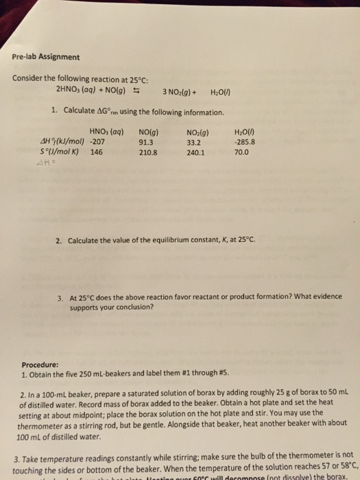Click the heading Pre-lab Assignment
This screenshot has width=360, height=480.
[46, 57]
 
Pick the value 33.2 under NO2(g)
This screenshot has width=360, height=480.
[193, 143]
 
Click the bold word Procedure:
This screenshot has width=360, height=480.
[40, 365]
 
